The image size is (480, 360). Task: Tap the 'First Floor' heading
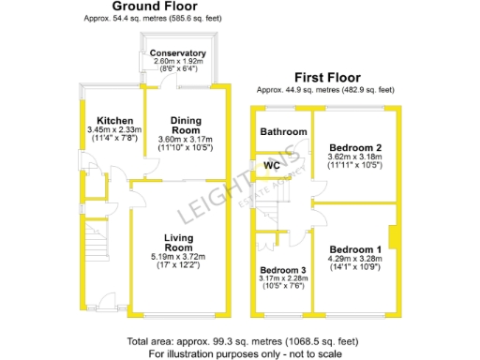coord(325,78)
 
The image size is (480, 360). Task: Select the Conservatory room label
coord(177,53)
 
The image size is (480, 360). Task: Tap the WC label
coord(272,166)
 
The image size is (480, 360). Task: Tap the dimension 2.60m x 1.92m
coord(177,61)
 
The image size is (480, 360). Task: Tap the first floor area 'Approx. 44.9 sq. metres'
coord(325,89)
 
